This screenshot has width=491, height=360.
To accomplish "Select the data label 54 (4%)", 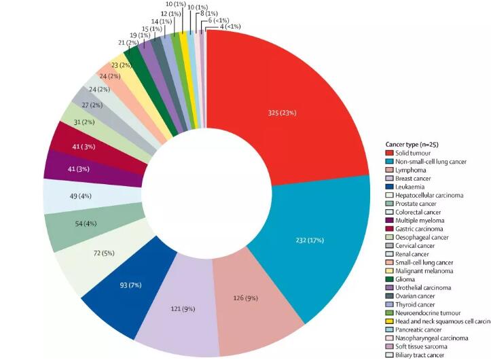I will pos(74,223).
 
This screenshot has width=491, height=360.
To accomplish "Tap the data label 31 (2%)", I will pos(82,122).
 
